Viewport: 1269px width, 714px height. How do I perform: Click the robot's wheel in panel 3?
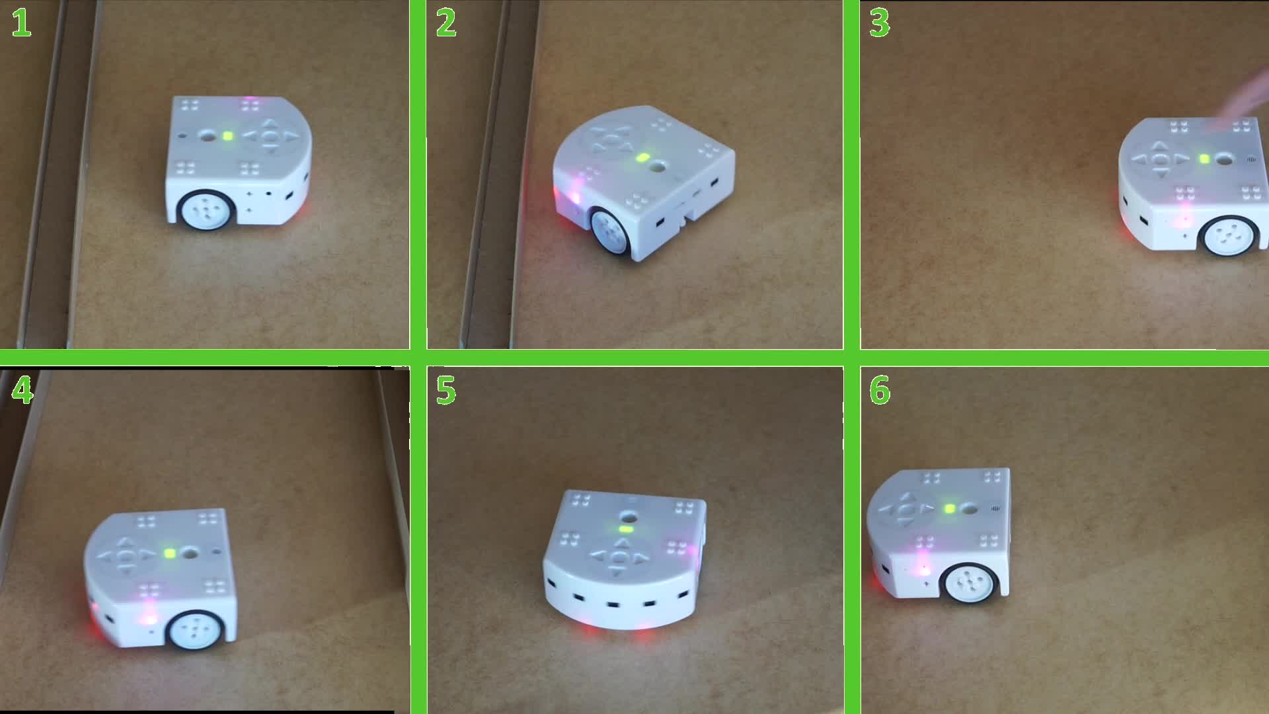point(1231,235)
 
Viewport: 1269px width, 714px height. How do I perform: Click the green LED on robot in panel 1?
point(228,136)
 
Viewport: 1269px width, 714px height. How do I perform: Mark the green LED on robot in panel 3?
point(1204,159)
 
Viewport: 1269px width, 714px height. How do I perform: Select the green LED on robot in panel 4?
point(170,553)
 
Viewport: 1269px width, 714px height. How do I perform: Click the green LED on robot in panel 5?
point(625,529)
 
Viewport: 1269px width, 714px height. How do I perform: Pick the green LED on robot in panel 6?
point(950,508)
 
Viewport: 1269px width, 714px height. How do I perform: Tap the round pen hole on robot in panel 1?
point(208,136)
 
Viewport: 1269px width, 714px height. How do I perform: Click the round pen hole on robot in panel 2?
point(657,167)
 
